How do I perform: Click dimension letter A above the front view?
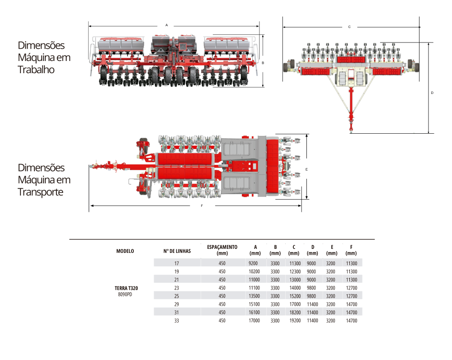click(x=166, y=25)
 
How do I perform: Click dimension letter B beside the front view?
click(x=263, y=63)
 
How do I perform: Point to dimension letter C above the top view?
click(x=349, y=27)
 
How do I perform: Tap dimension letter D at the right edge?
click(x=432, y=93)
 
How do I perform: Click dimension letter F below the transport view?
click(x=202, y=206)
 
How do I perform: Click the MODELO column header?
click(x=125, y=251)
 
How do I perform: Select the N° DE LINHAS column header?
click(x=177, y=251)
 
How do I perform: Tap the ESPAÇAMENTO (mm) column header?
click(x=222, y=250)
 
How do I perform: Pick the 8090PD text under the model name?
click(x=125, y=294)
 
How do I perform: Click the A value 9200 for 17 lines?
click(x=253, y=263)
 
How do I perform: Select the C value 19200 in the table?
click(x=295, y=320)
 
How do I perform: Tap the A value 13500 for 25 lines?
click(x=254, y=296)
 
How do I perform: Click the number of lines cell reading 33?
click(x=177, y=320)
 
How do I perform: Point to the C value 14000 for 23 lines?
click(x=295, y=288)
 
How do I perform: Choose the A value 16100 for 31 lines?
click(x=254, y=312)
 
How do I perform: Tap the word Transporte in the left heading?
click(x=41, y=192)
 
